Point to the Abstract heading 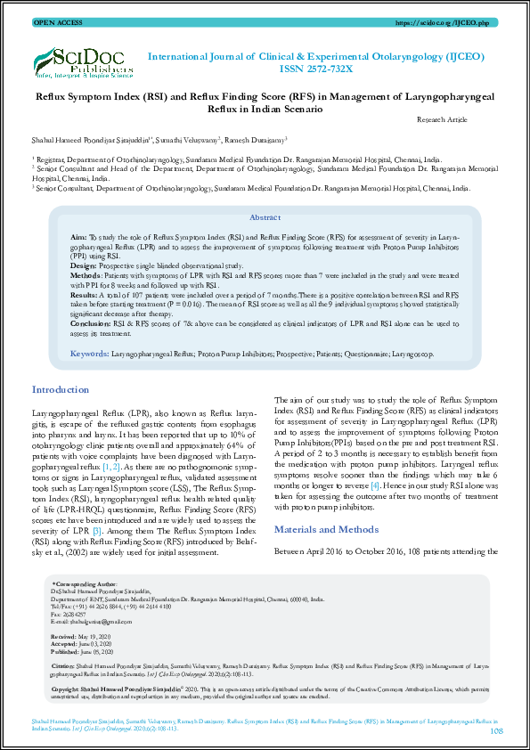265,217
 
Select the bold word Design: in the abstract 83,265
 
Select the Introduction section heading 60,390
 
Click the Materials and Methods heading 326,529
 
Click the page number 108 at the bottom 497,730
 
